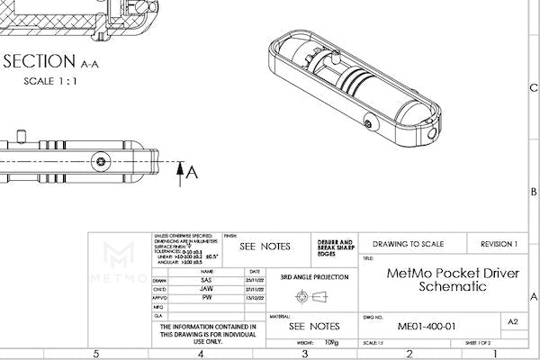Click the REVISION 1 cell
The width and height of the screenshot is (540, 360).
[499, 244]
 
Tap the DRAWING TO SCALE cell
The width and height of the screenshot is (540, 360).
[413, 244]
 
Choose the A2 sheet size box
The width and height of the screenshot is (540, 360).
[513, 321]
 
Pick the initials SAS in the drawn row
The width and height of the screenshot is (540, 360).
[207, 280]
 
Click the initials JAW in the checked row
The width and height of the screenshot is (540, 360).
[207, 288]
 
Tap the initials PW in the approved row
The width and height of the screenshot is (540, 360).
[207, 297]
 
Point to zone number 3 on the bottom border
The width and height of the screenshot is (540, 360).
[305, 354]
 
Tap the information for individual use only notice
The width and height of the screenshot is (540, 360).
[207, 334]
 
